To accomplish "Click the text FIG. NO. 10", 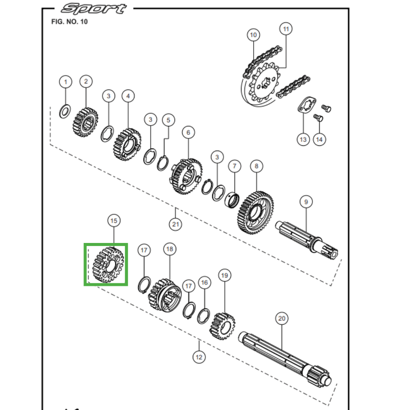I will coord(70,22).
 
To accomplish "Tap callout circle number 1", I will coord(65,81).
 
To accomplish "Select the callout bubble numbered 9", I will coord(305,202).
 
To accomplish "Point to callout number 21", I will coord(175,224).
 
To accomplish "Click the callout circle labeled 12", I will coord(199,357).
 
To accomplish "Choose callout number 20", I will coord(281,318).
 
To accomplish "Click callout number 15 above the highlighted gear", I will coord(114,220).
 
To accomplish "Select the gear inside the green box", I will coord(106,264).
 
